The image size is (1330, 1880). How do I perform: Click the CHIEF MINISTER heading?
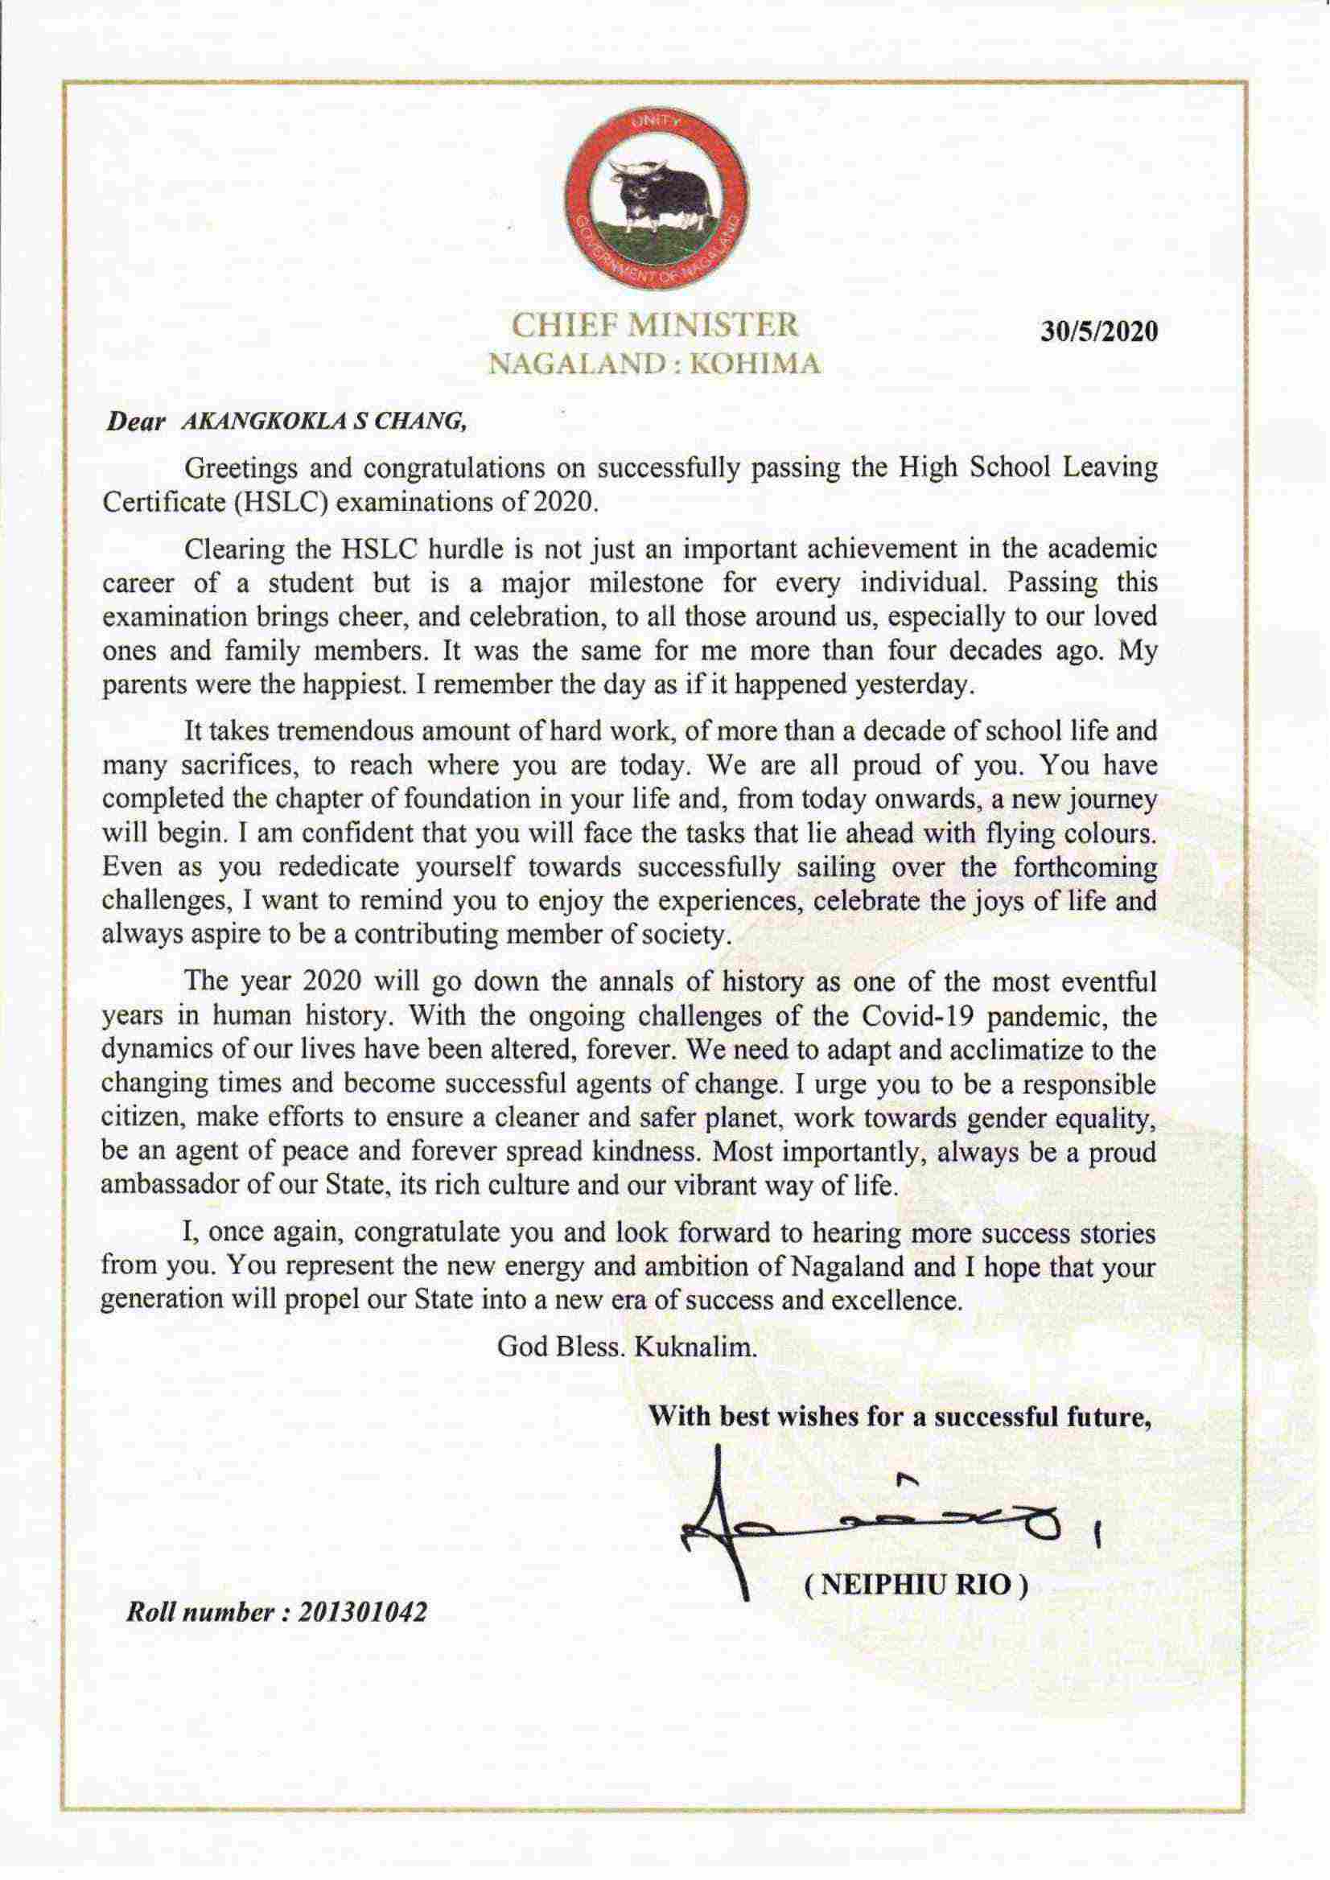(654, 325)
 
